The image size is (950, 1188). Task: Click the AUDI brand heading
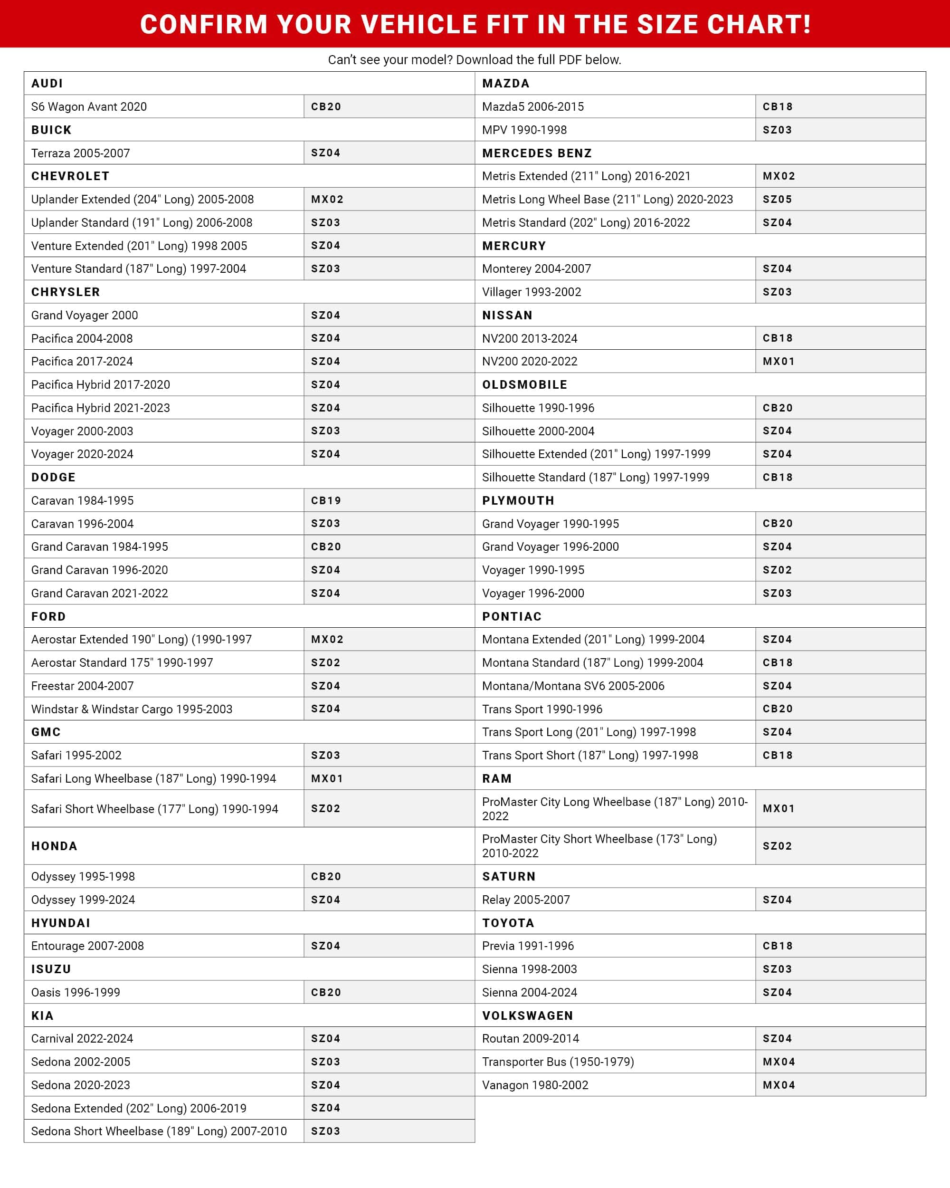pyautogui.click(x=47, y=83)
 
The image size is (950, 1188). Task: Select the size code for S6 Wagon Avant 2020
pyautogui.click(x=326, y=106)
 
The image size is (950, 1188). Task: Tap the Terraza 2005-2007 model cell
pyautogui.click(x=80, y=153)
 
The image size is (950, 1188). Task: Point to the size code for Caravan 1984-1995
pyautogui.click(x=326, y=500)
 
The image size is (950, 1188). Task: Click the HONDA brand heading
pyautogui.click(x=54, y=846)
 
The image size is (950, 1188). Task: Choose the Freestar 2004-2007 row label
pyautogui.click(x=82, y=685)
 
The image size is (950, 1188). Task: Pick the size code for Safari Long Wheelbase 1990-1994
pyautogui.click(x=327, y=778)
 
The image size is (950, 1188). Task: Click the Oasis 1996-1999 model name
pyautogui.click(x=76, y=992)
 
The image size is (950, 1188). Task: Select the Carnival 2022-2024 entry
pyautogui.click(x=82, y=1039)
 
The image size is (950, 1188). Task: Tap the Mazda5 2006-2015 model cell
pyautogui.click(x=532, y=106)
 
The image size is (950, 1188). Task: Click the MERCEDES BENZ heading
pyautogui.click(x=537, y=153)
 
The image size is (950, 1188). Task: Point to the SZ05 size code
pyautogui.click(x=777, y=200)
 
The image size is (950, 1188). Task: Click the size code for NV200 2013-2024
pyautogui.click(x=778, y=338)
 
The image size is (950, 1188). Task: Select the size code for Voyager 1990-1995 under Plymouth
pyautogui.click(x=777, y=570)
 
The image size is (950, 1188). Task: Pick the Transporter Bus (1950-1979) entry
pyautogui.click(x=558, y=1062)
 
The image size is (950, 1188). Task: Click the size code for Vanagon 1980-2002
pyautogui.click(x=779, y=1085)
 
